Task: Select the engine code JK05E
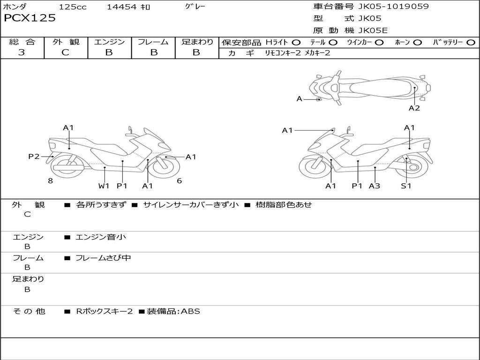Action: (373, 31)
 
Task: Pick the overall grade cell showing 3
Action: (22, 52)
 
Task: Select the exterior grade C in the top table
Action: (66, 52)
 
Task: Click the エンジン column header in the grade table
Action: (109, 42)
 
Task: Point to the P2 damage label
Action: (34, 157)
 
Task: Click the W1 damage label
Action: (104, 186)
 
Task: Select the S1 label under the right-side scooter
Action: (406, 186)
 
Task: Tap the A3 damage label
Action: (375, 186)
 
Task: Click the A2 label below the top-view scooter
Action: (414, 108)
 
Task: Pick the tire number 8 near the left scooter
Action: (50, 180)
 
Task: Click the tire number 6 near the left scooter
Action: (179, 180)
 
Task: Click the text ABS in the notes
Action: (190, 311)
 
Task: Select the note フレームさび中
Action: (103, 258)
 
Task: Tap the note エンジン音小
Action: (101, 237)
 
